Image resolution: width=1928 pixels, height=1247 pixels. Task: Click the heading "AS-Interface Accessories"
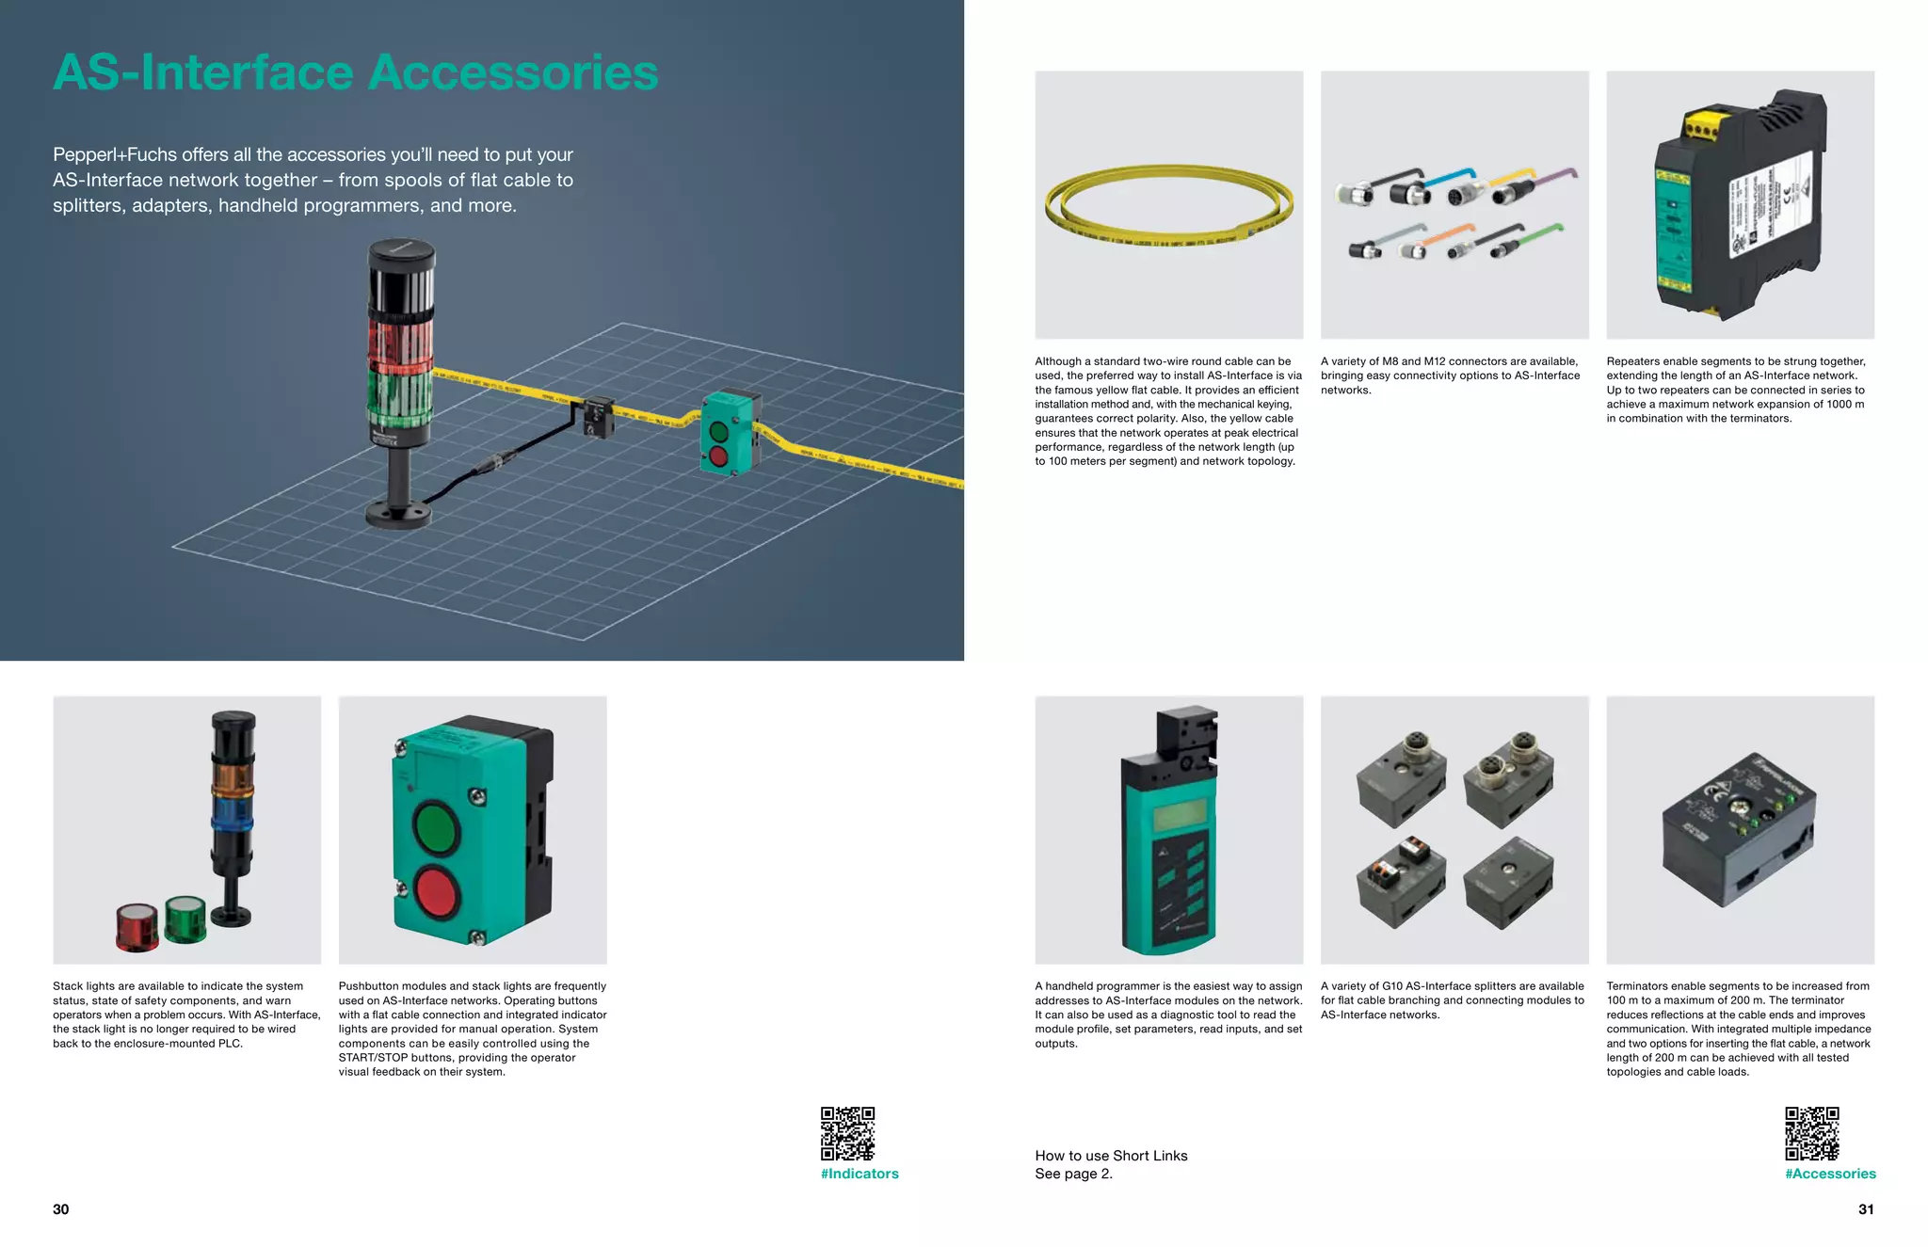click(x=355, y=72)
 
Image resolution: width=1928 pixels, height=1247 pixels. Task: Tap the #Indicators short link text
click(x=860, y=1174)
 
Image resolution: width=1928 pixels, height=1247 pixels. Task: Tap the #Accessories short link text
click(x=1830, y=1174)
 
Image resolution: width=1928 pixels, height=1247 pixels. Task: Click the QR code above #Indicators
click(x=847, y=1133)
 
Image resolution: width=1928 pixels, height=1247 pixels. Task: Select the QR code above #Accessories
click(x=1812, y=1133)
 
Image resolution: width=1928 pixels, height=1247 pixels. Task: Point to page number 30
click(x=61, y=1209)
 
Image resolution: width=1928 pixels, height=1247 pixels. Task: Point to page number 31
click(x=1866, y=1209)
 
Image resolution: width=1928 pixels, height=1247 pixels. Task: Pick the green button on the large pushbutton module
click(x=436, y=825)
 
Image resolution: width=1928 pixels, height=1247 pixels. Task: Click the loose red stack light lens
click(x=137, y=927)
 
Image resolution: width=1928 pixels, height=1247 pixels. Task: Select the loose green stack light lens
click(x=185, y=919)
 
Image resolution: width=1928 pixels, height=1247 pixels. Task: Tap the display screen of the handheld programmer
click(x=1180, y=813)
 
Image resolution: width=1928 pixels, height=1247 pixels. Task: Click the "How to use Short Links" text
click(x=1111, y=1156)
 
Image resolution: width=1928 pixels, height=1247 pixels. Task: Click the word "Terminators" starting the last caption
click(x=1637, y=986)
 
